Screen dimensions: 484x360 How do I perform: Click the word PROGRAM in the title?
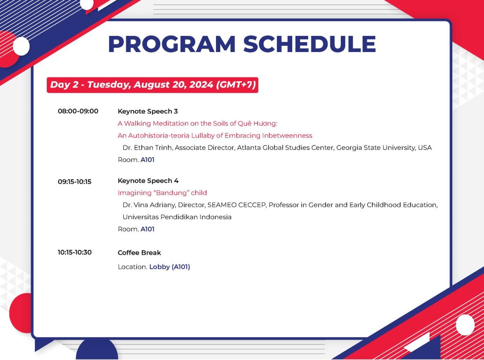click(172, 44)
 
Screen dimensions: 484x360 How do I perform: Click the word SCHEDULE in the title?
click(310, 44)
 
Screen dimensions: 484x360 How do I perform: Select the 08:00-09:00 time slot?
click(78, 111)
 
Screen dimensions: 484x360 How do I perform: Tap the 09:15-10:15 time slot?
click(75, 181)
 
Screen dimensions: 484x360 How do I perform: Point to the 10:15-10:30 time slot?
click(75, 252)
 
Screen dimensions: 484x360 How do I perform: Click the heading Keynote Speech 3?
click(148, 111)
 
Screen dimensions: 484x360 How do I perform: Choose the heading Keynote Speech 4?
click(148, 181)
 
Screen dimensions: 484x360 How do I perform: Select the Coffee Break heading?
click(139, 253)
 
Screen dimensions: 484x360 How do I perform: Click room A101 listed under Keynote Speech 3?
click(147, 160)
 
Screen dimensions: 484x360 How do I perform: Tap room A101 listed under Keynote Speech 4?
click(147, 229)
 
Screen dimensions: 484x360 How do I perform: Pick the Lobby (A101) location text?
click(170, 267)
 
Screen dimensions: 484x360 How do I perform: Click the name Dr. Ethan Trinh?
click(147, 148)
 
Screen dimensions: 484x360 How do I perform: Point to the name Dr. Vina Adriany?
click(149, 205)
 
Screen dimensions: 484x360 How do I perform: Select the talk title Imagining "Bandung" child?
click(163, 193)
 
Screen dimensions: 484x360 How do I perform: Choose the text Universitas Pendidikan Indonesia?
click(177, 217)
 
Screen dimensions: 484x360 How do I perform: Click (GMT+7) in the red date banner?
click(236, 85)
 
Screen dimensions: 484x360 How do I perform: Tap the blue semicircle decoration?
click(97, 351)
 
